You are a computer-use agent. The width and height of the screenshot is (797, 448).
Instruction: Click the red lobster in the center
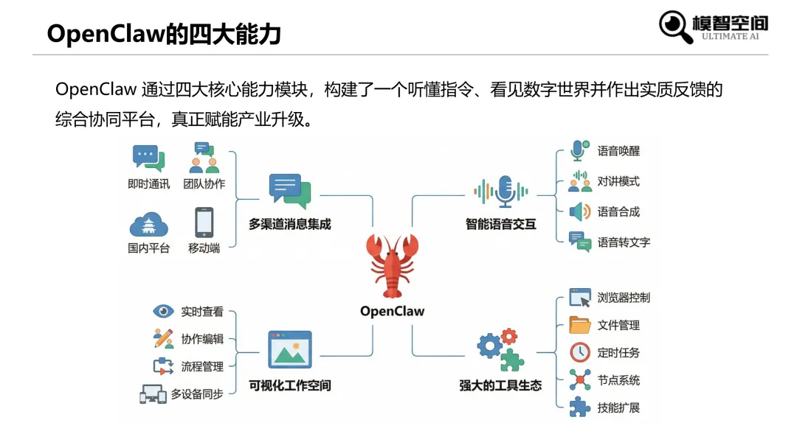point(393,265)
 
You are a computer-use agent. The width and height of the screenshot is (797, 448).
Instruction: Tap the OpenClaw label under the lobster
point(393,311)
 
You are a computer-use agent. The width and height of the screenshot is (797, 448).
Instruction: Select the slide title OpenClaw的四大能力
point(164,34)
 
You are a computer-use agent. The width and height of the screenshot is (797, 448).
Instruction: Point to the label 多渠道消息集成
point(289,224)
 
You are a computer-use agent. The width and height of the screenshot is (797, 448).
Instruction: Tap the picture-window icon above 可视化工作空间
point(290,349)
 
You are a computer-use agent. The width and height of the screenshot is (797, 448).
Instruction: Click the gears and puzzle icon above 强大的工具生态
point(500,349)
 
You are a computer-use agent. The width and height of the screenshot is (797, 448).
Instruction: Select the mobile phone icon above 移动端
point(204,222)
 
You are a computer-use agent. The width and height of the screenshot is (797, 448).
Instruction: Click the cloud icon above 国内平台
point(148,224)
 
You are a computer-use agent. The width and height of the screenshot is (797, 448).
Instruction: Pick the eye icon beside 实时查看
point(163,312)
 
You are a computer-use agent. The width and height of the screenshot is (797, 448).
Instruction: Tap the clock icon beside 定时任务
point(580,352)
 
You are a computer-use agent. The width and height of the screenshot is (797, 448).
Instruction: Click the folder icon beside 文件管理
point(580,325)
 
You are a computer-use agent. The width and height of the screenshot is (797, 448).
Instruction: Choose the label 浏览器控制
point(624,298)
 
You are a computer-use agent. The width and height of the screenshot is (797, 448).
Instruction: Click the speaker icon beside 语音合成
point(580,211)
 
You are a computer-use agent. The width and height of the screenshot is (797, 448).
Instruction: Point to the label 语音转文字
point(624,242)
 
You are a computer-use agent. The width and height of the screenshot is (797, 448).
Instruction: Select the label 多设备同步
point(197,394)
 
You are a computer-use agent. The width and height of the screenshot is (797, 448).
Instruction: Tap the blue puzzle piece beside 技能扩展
point(580,407)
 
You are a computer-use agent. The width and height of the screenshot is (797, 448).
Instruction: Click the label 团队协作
point(204,183)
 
